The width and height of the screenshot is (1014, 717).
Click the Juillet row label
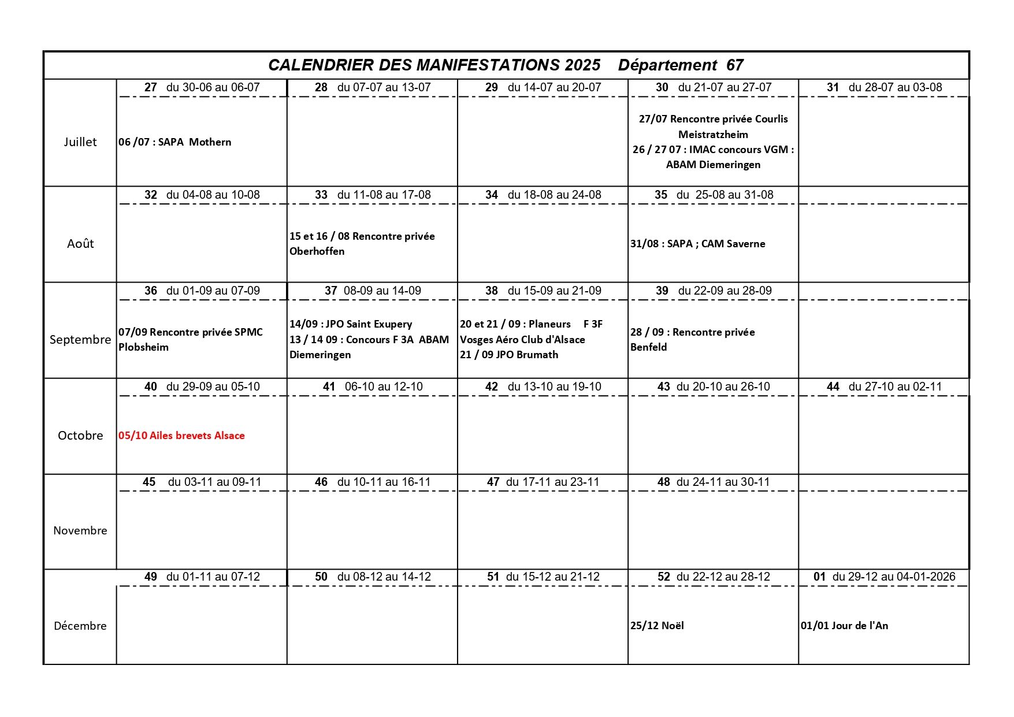[x=80, y=142]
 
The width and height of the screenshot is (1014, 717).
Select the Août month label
[x=80, y=244]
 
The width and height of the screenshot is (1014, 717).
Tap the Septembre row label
[x=80, y=340]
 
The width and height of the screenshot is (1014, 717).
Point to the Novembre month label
[x=80, y=530]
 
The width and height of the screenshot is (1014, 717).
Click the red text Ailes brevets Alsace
[x=181, y=436]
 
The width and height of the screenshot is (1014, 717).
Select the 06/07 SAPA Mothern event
[x=174, y=142]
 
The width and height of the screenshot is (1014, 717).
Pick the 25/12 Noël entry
[x=657, y=626]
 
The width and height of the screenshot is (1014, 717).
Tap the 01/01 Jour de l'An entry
[x=844, y=626]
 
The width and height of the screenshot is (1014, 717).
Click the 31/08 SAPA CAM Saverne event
[x=697, y=244]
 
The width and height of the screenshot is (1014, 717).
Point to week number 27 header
[x=151, y=88]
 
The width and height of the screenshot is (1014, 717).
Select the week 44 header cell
[x=884, y=387]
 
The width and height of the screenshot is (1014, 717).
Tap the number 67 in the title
[x=734, y=65]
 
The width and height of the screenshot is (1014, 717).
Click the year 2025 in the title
[x=582, y=65]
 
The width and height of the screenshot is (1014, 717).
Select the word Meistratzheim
[x=713, y=135]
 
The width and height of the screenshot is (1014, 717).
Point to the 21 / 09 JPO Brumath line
[x=509, y=355]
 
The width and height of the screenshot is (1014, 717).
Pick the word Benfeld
[x=648, y=347]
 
